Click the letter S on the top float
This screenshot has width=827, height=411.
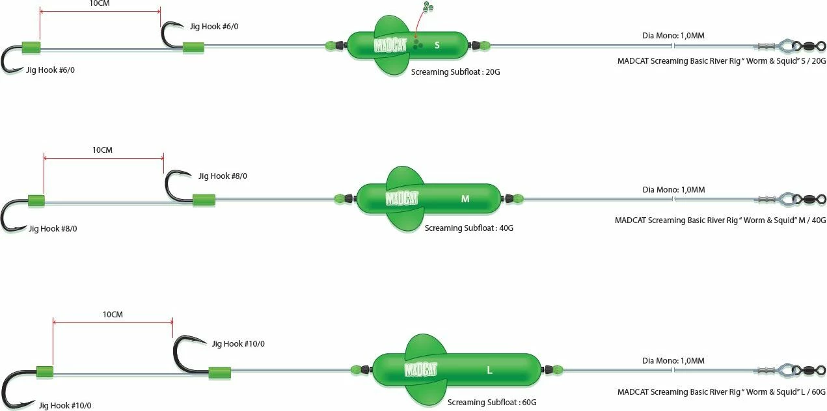pyautogui.click(x=437, y=45)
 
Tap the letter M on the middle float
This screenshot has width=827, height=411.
pyautogui.click(x=465, y=199)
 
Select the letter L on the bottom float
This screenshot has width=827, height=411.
pyautogui.click(x=489, y=371)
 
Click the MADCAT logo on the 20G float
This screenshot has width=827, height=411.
pyautogui.click(x=390, y=46)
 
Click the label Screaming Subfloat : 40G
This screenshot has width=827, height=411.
pyautogui.click(x=468, y=228)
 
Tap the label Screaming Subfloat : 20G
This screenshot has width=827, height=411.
pyautogui.click(x=455, y=72)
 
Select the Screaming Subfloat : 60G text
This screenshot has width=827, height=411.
pyautogui.click(x=492, y=403)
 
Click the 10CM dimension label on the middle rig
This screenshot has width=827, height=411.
pyautogui.click(x=102, y=150)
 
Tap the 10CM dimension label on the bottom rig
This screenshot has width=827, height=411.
pyautogui.click(x=113, y=315)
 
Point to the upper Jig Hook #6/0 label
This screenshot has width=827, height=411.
pyautogui.click(x=210, y=27)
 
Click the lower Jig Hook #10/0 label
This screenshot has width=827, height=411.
pyautogui.click(x=65, y=406)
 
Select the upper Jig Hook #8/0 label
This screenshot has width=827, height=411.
pyautogui.click(x=223, y=176)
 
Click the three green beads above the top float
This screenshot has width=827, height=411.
pyautogui.click(x=427, y=7)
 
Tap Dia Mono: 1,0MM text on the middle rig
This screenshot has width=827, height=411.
pyautogui.click(x=673, y=190)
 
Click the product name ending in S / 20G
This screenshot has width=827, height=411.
pyautogui.click(x=721, y=60)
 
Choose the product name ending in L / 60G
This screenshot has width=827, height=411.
pyautogui.click(x=721, y=391)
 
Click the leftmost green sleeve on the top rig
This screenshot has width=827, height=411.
pyautogui.click(x=31, y=47)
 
